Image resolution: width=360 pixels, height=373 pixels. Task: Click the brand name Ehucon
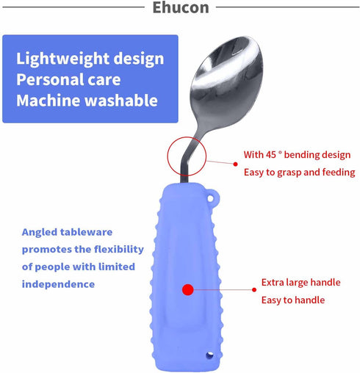[181, 7]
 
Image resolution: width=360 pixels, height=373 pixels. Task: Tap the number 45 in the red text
[270, 155]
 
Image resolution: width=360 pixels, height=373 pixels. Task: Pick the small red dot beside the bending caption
[235, 164]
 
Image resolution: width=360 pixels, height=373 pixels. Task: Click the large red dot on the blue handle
[188, 290]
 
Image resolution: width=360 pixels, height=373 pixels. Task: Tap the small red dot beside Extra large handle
[254, 290]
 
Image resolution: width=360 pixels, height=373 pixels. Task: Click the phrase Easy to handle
[293, 300]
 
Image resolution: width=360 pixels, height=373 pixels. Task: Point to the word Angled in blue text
[40, 233]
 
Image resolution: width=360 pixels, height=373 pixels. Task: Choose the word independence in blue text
[58, 284]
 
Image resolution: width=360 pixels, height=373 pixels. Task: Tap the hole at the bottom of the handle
[209, 355]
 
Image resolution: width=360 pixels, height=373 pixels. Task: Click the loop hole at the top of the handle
[210, 198]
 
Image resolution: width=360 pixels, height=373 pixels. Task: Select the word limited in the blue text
[116, 267]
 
